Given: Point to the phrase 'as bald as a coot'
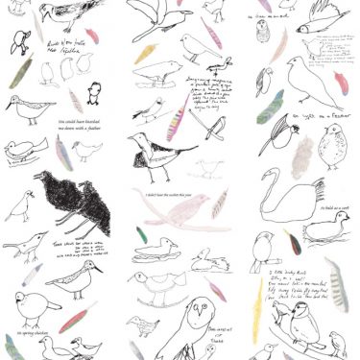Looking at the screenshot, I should tap(332, 206).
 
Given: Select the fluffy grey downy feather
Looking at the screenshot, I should tap(302, 154).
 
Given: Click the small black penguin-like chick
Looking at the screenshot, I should tap(94, 92).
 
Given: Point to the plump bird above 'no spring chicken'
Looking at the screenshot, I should tap(31, 307).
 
